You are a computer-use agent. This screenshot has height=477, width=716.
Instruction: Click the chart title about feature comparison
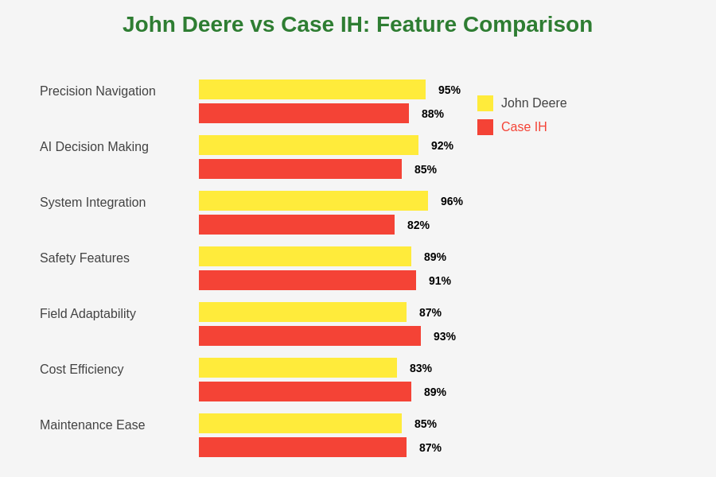click(x=357, y=25)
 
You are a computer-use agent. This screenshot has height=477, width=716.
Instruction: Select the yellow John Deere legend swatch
click(x=485, y=103)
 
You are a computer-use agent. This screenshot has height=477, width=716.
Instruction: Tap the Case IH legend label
click(x=523, y=127)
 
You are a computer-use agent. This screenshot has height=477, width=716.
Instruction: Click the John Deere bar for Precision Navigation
click(x=312, y=90)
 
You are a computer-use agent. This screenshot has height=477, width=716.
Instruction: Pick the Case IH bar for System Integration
click(x=297, y=225)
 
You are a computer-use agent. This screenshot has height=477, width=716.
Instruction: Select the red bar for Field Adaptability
click(x=309, y=336)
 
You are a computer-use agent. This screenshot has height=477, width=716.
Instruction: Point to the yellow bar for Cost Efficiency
click(x=298, y=368)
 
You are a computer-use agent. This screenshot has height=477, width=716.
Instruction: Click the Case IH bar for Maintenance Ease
click(x=302, y=448)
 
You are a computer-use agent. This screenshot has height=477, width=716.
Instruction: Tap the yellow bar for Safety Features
click(x=305, y=257)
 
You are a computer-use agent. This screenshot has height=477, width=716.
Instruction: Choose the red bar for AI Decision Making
click(x=300, y=169)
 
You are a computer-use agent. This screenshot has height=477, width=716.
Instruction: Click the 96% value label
click(x=452, y=201)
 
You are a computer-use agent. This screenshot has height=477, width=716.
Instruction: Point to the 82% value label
click(x=418, y=225)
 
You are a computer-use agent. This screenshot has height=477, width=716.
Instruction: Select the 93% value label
click(x=445, y=336)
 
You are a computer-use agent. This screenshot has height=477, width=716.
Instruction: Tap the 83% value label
click(x=421, y=368)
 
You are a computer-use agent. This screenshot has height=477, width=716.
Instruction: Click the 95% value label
click(x=449, y=90)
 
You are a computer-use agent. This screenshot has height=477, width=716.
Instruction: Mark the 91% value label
click(x=440, y=281)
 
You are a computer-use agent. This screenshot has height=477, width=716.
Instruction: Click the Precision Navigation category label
click(x=98, y=91)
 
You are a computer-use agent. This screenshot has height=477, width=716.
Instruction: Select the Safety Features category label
click(x=84, y=258)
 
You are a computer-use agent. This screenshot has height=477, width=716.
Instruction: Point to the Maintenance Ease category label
click(x=92, y=425)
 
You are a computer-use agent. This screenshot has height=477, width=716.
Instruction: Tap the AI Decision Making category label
click(x=94, y=147)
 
